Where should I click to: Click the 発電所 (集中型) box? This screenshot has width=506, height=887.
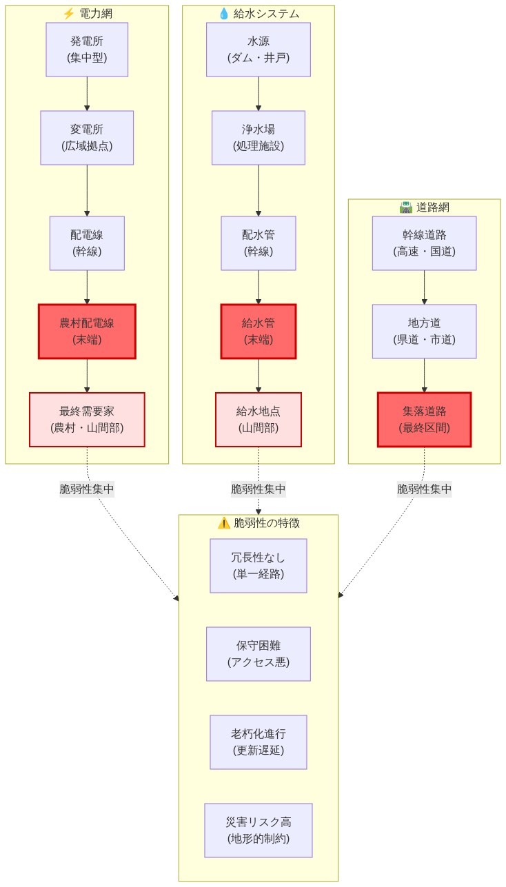(87, 50)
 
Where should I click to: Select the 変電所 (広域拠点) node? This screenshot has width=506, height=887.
(87, 138)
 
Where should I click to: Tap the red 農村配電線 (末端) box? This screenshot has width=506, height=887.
(87, 332)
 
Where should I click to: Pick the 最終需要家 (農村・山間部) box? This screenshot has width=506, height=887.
(87, 420)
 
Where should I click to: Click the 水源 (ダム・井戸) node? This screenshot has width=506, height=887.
(259, 50)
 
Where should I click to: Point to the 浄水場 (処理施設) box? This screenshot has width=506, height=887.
(259, 138)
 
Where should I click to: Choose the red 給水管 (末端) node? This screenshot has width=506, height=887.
(259, 332)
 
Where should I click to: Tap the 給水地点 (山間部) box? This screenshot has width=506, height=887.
(259, 420)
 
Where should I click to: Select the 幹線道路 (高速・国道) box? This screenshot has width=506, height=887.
(424, 243)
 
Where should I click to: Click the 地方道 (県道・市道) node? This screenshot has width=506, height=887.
(424, 332)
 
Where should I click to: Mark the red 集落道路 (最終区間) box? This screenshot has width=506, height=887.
(424, 420)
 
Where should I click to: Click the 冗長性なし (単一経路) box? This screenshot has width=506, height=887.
(259, 566)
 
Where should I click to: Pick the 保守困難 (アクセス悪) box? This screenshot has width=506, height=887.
(259, 654)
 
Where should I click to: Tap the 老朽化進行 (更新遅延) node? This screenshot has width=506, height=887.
(259, 742)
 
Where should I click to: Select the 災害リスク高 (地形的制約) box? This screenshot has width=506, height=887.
(259, 830)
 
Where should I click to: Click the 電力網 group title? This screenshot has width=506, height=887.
(95, 14)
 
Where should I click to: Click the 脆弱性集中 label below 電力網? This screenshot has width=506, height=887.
(87, 489)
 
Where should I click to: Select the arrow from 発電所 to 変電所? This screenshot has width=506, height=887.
(87, 93)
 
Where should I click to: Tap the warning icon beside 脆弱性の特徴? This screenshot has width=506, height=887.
(223, 523)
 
